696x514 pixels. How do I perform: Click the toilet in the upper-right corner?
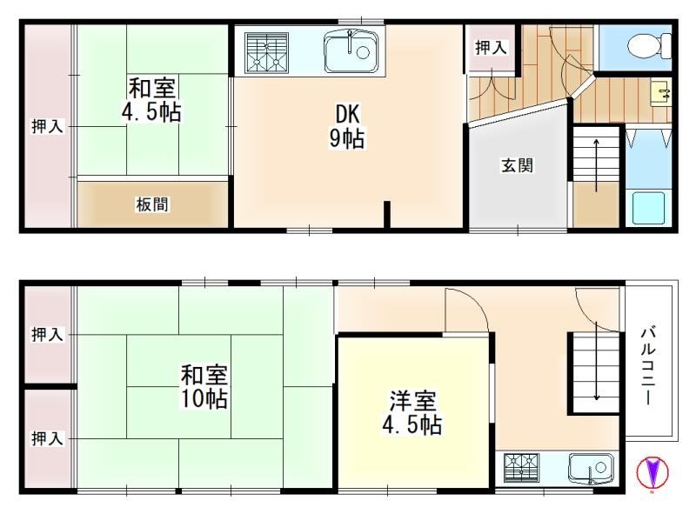(x=650, y=45)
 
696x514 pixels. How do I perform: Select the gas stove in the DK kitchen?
(x=266, y=52)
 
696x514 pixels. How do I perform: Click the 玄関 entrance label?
(x=517, y=165)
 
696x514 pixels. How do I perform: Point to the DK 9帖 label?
(x=347, y=126)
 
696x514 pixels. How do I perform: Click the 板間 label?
(x=152, y=204)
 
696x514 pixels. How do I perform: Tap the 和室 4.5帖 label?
(x=151, y=99)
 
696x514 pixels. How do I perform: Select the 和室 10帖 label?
(x=204, y=386)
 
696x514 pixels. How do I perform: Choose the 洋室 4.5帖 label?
(x=412, y=412)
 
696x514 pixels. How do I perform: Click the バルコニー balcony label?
(x=648, y=366)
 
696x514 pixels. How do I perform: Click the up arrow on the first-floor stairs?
(x=596, y=165)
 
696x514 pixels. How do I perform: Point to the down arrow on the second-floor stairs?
(x=597, y=360)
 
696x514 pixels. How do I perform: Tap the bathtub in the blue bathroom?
(x=648, y=207)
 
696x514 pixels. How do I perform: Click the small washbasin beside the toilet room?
(x=660, y=94)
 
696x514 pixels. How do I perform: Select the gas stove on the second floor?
(x=521, y=468)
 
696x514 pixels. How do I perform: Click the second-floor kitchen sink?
(x=592, y=468)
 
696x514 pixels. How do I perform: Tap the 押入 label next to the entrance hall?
(x=491, y=48)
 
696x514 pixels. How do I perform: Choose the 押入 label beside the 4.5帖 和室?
(x=47, y=126)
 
